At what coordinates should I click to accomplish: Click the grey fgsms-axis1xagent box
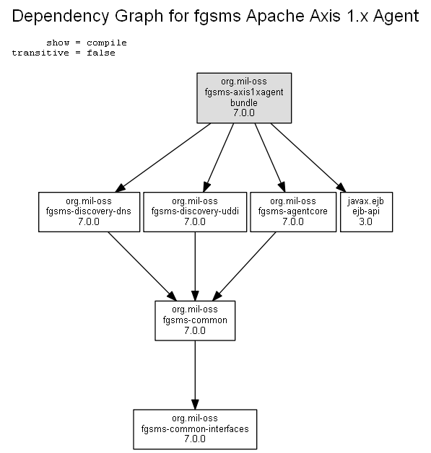pos(244,98)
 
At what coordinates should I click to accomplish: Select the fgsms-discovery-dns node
pos(89,212)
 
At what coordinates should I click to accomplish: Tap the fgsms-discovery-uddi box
pos(195,212)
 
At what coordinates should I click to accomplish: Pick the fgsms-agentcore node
pos(293,212)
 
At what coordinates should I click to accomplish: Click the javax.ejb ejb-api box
pos(366,212)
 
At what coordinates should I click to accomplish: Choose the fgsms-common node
pos(195,321)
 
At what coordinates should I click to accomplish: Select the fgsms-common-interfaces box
pos(195,429)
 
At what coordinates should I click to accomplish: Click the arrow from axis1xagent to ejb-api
pos(308,158)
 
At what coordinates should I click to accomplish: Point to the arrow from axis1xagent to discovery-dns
pos(162,158)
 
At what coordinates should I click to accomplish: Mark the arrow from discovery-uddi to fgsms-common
pos(195,266)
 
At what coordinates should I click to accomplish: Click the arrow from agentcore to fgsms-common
pos(244,266)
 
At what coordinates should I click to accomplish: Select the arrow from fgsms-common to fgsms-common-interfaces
pos(195,375)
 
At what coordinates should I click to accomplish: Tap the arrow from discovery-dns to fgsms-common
pos(142,266)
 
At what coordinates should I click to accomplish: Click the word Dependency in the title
pos(61,16)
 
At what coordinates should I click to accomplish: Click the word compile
pos(107,43)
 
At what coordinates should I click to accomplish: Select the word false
pos(101,53)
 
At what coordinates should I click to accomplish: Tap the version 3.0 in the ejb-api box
pos(366,222)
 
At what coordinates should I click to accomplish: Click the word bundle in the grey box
pos(244,102)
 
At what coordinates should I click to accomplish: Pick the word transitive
pos(40,53)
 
